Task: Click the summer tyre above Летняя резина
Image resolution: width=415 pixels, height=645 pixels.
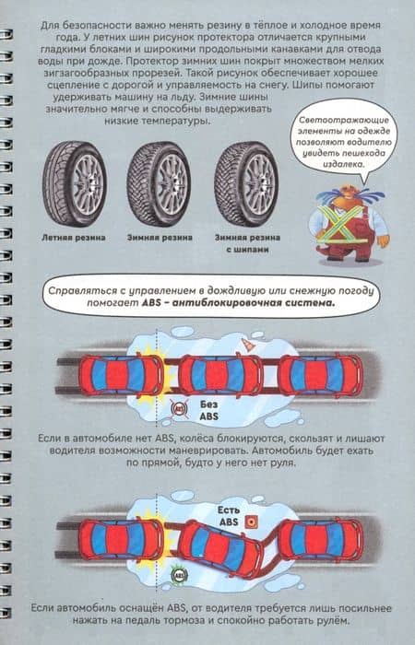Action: coord(75,183)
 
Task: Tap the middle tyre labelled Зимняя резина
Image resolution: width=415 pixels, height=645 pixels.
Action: coord(159,184)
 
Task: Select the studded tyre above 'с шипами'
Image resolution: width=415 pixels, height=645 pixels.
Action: coord(246,184)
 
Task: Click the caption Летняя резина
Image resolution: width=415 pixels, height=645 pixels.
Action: coord(74,238)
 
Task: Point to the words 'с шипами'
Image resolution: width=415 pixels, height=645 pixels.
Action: coord(247,250)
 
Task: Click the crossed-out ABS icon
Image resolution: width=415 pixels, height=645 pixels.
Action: coord(179,409)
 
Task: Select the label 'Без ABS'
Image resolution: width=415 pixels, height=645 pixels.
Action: coord(209,410)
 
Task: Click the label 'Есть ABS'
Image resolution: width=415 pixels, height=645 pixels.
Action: coord(229,516)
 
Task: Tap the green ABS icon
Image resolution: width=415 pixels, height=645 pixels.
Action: coord(180,574)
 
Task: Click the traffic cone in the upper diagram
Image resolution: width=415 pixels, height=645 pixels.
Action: coord(247,346)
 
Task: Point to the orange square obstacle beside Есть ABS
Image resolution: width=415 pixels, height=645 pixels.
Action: coord(251,522)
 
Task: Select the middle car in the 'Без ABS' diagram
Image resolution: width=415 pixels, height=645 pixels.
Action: coord(220,375)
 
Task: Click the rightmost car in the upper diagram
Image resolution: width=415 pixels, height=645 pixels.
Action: coord(321,375)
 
